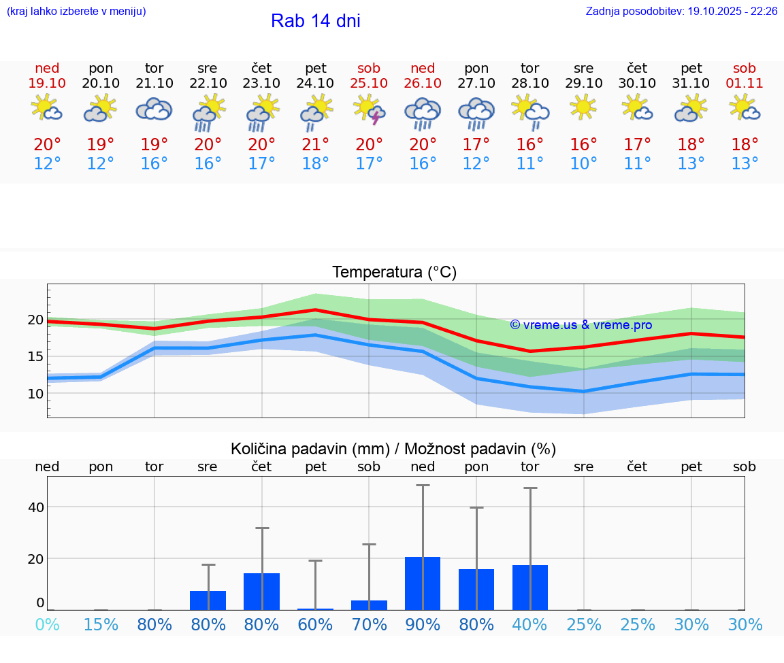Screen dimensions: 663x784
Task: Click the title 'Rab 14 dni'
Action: pos(315,21)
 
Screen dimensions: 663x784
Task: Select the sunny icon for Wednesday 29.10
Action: pos(583,107)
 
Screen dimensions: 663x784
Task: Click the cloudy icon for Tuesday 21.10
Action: pos(154,109)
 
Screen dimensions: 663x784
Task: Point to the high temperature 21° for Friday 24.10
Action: pos(315,144)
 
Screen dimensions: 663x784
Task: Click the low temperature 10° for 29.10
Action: pos(583,164)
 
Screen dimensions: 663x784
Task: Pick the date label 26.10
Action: pos(423,83)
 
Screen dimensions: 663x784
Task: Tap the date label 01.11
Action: pos(745,83)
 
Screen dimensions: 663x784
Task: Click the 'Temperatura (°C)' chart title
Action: pos(394,273)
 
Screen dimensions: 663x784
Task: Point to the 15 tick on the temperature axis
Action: pos(36,356)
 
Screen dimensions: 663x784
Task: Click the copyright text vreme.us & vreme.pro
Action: pos(581,325)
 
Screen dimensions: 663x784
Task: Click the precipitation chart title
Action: pos(393,449)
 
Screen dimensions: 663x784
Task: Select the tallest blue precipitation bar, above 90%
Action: pos(423,583)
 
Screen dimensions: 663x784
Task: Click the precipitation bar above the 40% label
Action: pos(530,588)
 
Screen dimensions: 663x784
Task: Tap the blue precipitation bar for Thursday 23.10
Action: pos(262,592)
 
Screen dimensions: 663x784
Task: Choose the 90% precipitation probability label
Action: pos(423,624)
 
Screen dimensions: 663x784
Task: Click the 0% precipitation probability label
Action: pos(47,624)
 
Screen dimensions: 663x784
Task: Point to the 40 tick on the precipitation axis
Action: pos(36,507)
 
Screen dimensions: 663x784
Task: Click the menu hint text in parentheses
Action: pos(76,11)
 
